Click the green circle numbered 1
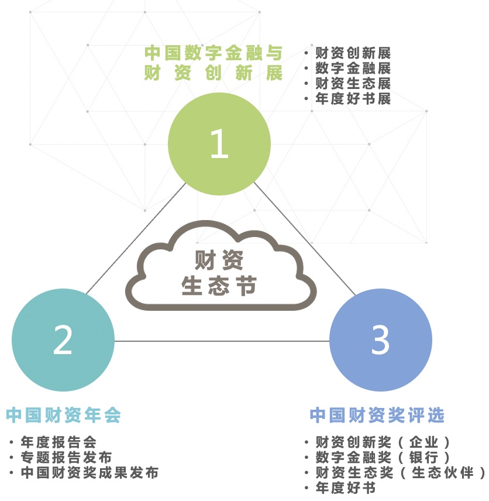tap(219, 144)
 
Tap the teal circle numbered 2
tap(63, 340)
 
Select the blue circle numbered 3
tap(381, 340)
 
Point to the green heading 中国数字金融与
tap(213, 53)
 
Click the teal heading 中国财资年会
tap(63, 415)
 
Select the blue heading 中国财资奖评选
tap(377, 415)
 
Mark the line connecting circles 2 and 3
tap(222, 341)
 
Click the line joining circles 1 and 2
tap(136, 238)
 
